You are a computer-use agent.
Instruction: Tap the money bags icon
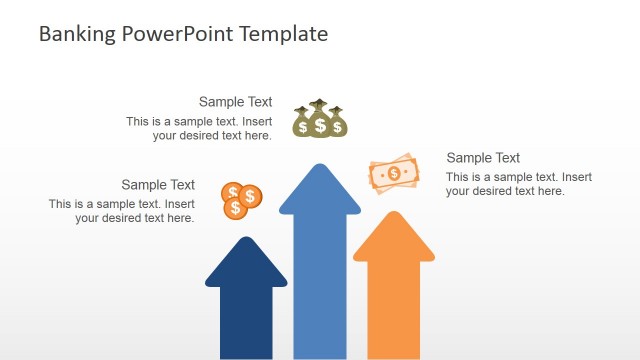click(x=319, y=119)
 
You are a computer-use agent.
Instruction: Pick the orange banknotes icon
click(x=393, y=173)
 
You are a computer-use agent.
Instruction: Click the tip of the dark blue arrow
click(x=246, y=238)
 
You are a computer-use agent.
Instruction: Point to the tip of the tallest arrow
click(x=320, y=165)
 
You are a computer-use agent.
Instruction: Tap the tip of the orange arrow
click(x=394, y=213)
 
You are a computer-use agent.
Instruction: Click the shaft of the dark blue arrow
click(x=246, y=320)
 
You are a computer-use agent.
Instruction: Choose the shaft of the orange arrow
click(x=394, y=310)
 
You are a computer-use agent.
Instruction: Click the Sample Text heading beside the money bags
click(x=235, y=102)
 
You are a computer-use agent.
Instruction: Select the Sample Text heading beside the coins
click(x=158, y=185)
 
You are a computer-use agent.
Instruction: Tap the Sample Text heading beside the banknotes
click(x=483, y=158)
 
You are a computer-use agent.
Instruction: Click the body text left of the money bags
click(x=199, y=128)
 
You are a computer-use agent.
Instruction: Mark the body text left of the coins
click(x=122, y=211)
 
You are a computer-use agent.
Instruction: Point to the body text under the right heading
click(x=518, y=184)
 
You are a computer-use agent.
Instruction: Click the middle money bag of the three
click(x=320, y=122)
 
